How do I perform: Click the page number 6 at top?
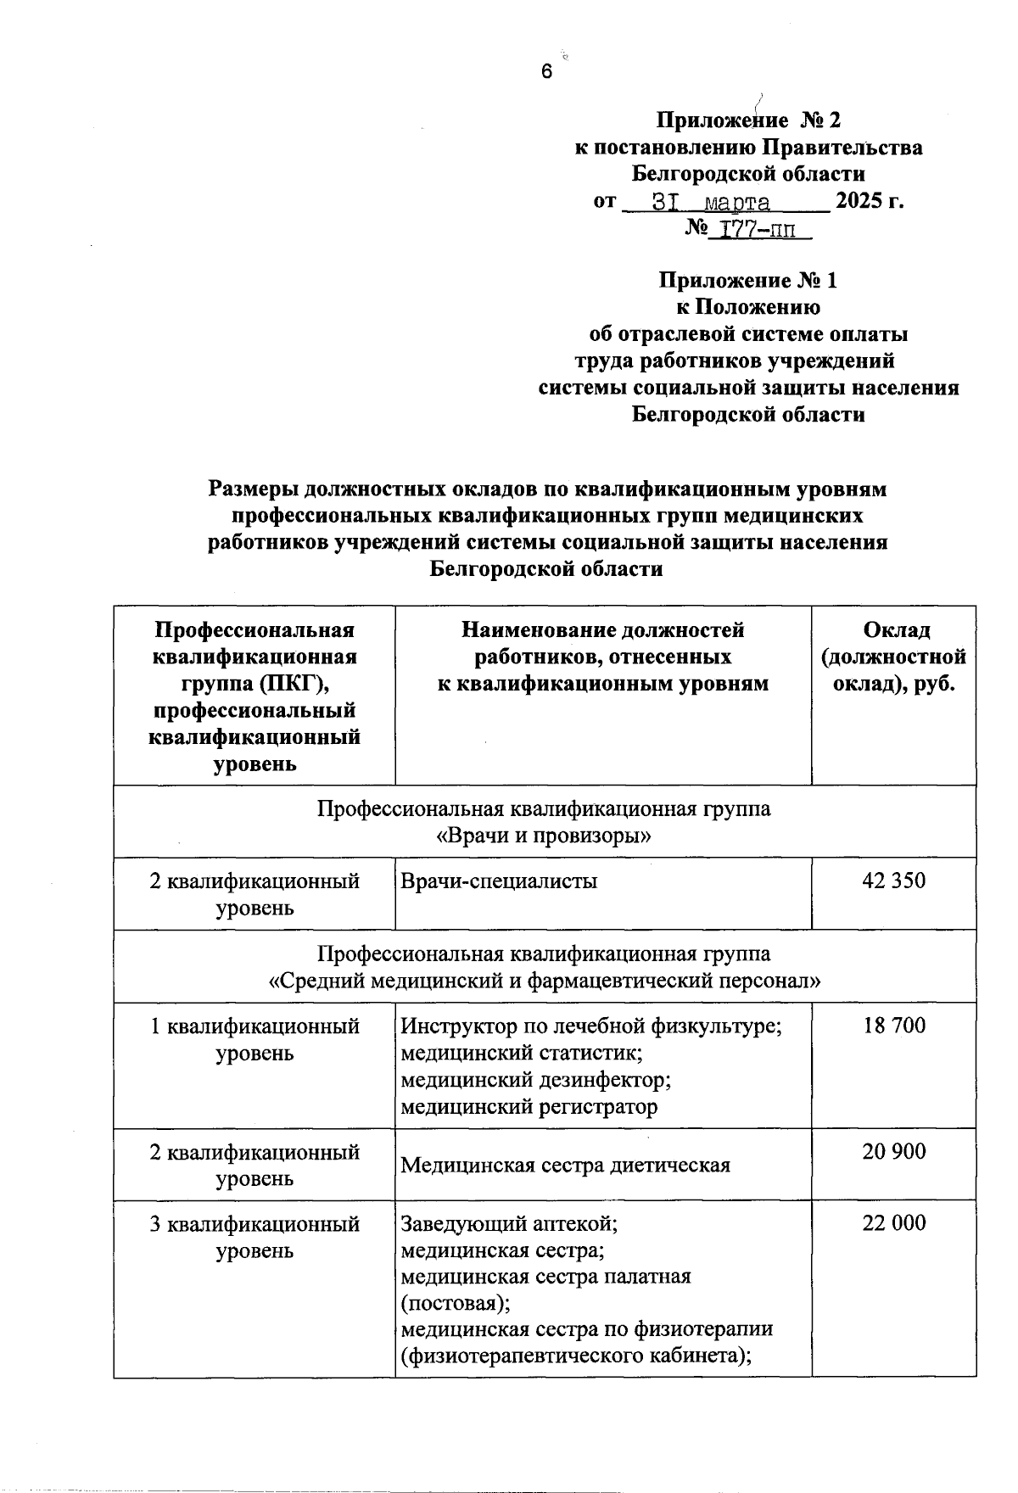coord(546,72)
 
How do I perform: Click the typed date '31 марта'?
coord(711,203)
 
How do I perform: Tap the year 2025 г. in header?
coord(869,202)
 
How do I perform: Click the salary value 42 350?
coord(894,881)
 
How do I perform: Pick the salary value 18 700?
coord(894,1026)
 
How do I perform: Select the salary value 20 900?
coord(894,1151)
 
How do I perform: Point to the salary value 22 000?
coord(894,1222)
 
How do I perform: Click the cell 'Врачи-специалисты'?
coord(499,881)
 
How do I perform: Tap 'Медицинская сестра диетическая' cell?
coord(565,1165)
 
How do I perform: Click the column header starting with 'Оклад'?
coord(895,657)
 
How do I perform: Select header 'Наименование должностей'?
coord(602,630)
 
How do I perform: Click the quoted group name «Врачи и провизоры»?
coord(544,836)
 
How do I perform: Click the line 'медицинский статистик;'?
coord(521,1053)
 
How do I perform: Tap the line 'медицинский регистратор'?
coord(529,1106)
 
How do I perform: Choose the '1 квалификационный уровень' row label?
coord(255,1039)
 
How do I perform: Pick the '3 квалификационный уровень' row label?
coord(255,1237)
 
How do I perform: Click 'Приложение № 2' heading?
coord(748,120)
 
